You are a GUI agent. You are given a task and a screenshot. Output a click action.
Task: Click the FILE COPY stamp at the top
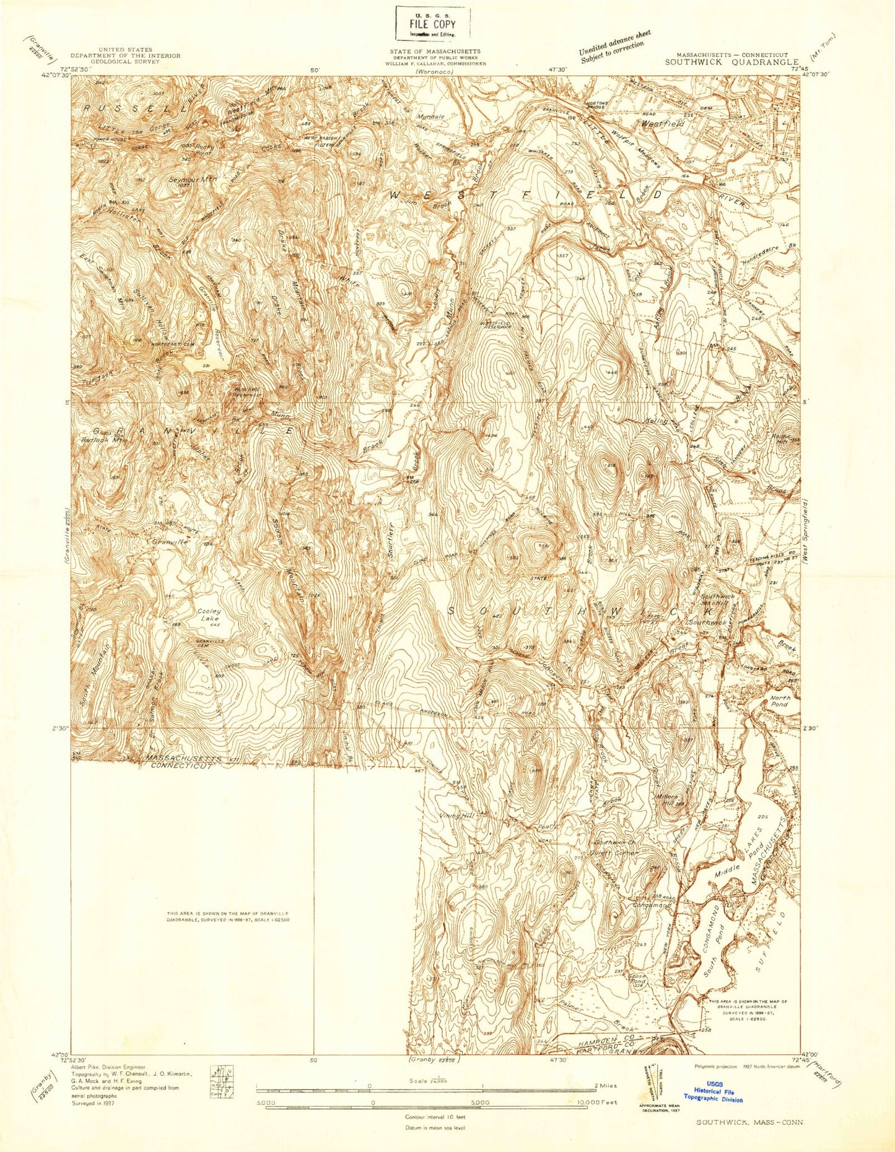click(433, 23)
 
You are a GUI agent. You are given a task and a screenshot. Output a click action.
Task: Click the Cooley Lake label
click(209, 615)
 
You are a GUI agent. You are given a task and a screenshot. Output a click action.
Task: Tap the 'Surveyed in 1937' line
click(98, 1102)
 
